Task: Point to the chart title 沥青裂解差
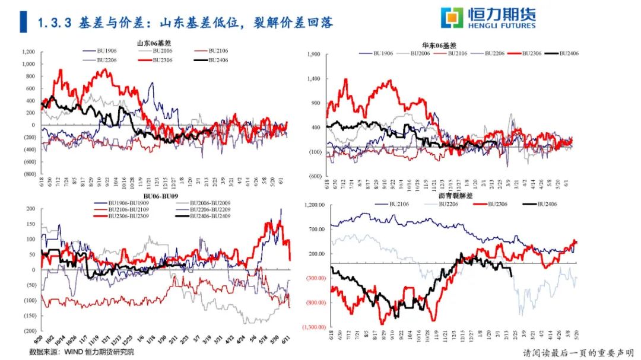click(x=456, y=196)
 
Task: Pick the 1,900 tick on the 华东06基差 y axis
click(x=313, y=54)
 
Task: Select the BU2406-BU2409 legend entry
click(x=208, y=217)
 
